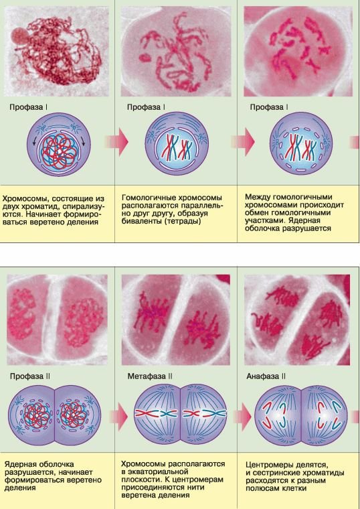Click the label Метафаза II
pos(149,376)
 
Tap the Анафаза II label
pos(266,376)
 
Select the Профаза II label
pos(30,376)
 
